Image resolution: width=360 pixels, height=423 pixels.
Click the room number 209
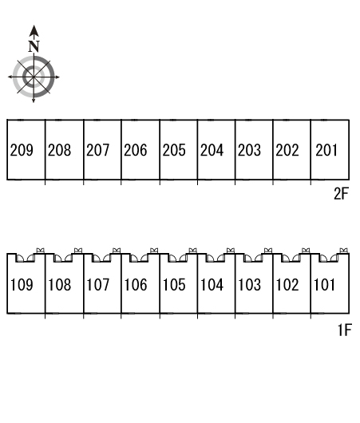coord(22,150)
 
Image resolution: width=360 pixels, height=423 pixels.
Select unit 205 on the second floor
coord(174,150)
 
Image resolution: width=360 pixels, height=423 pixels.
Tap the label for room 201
coord(326,150)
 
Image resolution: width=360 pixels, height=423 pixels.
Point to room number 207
coord(97,150)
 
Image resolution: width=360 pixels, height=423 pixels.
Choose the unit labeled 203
coord(249,150)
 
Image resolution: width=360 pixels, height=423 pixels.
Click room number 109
coord(22,285)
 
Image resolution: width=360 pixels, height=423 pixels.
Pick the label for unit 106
coord(136,285)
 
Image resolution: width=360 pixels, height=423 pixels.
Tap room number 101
coord(324,285)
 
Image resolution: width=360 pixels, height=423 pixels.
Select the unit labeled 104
coord(212,285)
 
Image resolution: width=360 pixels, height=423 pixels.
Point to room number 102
coord(287,285)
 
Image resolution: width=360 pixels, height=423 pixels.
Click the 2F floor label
coord(341,193)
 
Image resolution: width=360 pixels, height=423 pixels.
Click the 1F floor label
coord(345,330)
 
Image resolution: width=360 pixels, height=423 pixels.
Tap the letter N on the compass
coord(34,46)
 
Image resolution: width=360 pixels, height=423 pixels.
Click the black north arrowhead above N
coord(34,31)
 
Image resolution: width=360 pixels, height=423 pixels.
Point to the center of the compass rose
coord(34,77)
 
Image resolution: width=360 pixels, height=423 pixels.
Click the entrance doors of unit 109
coord(25,258)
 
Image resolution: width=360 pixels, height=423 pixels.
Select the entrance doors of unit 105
coord(177,258)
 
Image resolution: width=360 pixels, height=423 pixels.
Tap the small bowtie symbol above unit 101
coord(343,251)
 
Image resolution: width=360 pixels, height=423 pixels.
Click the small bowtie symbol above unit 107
coord(117,251)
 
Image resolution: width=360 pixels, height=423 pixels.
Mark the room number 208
coord(59,150)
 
